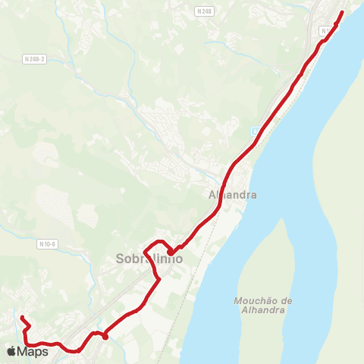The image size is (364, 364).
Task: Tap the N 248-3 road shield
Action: point(34,59)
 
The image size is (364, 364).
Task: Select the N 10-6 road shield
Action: point(47,243)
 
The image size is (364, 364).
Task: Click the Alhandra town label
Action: point(233,195)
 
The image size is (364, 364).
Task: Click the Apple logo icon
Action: point(11,351)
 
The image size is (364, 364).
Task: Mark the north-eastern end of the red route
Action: point(342,12)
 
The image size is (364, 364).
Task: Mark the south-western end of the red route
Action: point(22,317)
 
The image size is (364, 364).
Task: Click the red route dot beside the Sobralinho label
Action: point(171,253)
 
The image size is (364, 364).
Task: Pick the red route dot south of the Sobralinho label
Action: point(105,336)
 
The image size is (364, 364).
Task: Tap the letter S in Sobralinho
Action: point(121,259)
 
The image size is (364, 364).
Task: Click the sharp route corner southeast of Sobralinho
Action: point(158,281)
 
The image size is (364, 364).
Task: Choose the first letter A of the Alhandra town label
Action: point(212,195)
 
